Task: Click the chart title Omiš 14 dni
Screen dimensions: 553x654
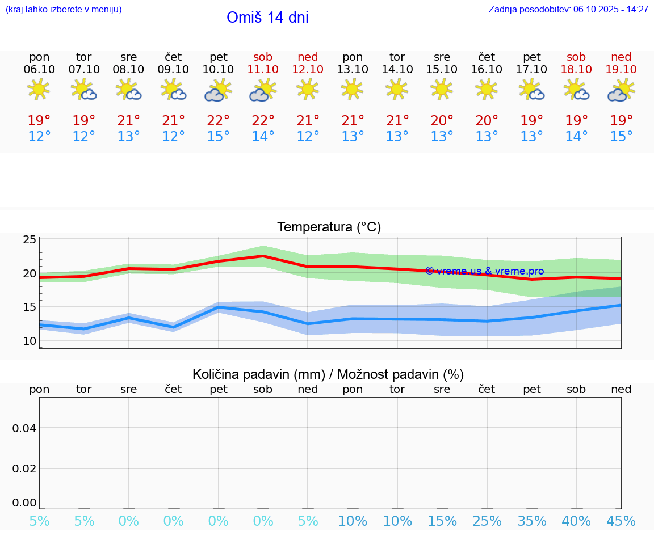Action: point(267,18)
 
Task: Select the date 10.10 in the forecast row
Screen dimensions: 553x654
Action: point(218,70)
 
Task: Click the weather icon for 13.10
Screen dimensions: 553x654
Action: point(353,89)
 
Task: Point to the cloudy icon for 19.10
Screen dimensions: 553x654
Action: point(621,90)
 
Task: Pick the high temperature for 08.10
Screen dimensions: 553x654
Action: point(129,121)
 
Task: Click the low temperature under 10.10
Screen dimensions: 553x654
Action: point(218,137)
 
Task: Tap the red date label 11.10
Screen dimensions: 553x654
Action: point(263,70)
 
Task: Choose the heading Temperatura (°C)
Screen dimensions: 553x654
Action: point(329,227)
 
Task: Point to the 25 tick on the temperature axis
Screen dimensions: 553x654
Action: point(30,240)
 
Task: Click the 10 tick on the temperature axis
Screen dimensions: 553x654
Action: point(30,341)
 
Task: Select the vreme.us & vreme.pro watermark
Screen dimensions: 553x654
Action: point(485,271)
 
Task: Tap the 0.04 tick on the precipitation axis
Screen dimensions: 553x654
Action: point(24,428)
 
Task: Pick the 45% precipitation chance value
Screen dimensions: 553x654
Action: point(621,521)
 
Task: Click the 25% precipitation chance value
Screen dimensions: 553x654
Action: point(487,521)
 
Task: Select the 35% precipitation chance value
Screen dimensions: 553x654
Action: point(531,521)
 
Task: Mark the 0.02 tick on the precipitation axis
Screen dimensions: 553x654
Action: point(24,468)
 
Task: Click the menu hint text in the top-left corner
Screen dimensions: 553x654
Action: point(64,10)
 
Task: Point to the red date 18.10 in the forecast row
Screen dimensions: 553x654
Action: point(576,70)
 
